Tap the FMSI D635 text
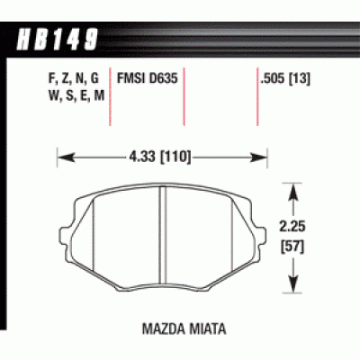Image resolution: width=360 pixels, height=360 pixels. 145,78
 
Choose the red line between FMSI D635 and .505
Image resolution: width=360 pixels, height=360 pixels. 184,99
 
